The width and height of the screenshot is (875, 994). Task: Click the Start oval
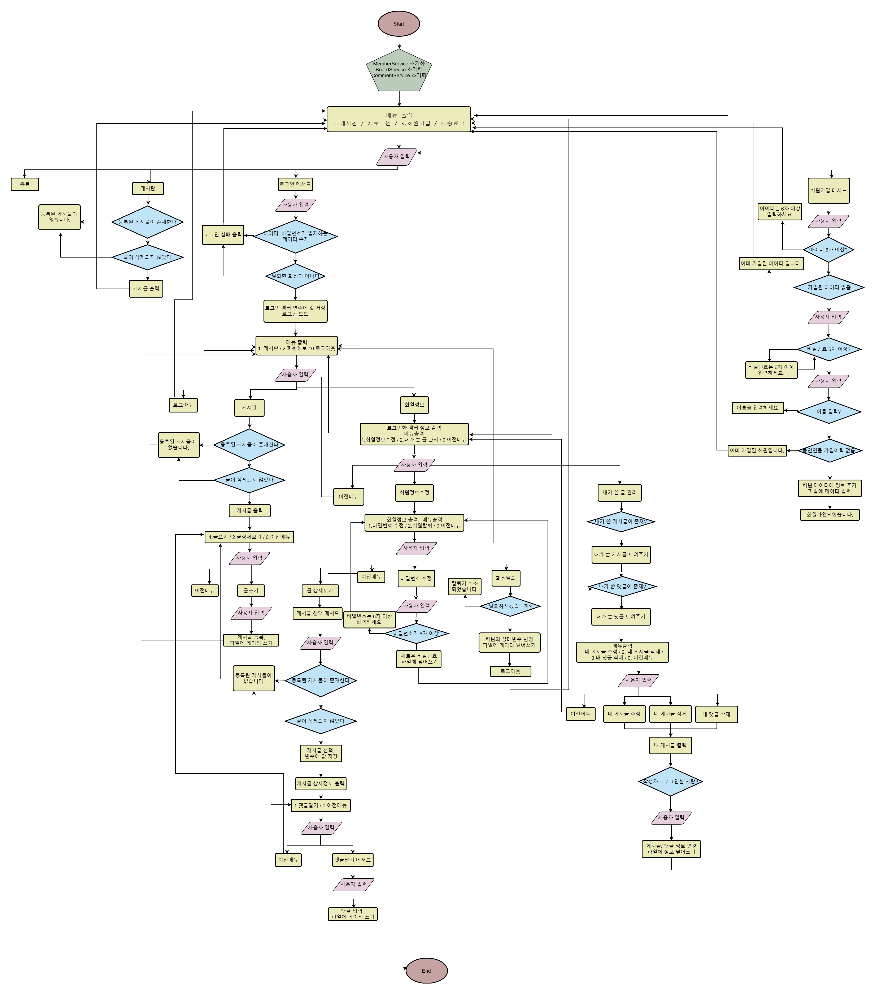pos(399,24)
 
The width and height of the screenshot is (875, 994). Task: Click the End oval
pos(426,971)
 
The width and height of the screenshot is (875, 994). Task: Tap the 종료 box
pos(25,184)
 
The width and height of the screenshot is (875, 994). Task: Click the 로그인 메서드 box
pos(295,184)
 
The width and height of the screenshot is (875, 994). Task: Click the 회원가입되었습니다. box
pos(829,514)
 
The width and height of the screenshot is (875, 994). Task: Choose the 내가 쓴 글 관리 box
pos(619,493)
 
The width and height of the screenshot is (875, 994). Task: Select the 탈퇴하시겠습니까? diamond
pos(510,606)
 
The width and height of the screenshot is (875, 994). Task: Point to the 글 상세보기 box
pos(320,591)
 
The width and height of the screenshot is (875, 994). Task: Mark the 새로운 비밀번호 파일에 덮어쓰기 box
pos(419,659)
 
